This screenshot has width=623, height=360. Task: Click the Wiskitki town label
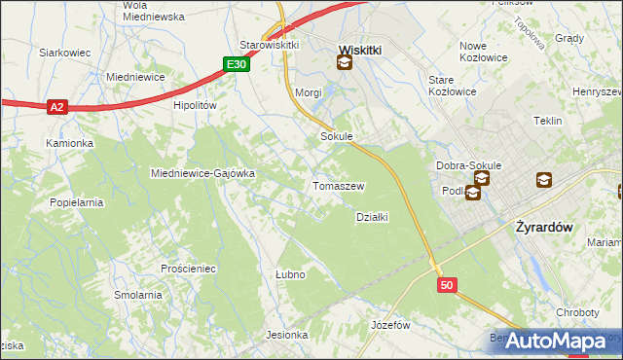358,48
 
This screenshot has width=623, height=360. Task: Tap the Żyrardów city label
541,226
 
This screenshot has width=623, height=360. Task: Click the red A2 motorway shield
57,108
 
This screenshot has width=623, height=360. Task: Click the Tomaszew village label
338,186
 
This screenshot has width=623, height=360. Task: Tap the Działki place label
372,217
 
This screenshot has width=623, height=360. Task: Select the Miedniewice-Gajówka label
202,173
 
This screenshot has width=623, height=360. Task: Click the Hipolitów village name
194,106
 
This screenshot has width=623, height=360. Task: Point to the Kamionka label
69,143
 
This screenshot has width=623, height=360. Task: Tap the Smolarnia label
137,295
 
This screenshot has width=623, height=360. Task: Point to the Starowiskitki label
269,45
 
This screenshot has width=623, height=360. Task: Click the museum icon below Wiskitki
344,63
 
